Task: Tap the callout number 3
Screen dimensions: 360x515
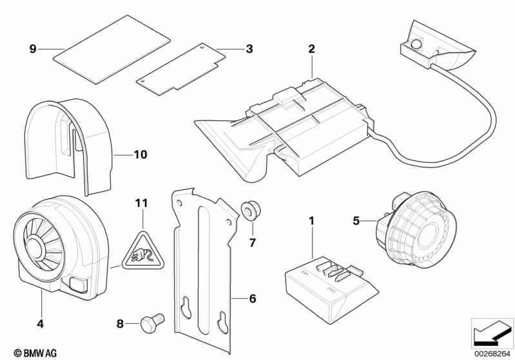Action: pyautogui.click(x=249, y=48)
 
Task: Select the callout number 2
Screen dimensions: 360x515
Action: pyautogui.click(x=311, y=49)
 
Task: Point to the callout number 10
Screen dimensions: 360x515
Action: pyautogui.click(x=141, y=155)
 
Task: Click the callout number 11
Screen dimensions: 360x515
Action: pyautogui.click(x=141, y=203)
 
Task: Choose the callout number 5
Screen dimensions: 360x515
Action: pyautogui.click(x=356, y=220)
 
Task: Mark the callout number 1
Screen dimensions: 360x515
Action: pyautogui.click(x=311, y=222)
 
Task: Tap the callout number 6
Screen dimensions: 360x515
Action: pyautogui.click(x=252, y=298)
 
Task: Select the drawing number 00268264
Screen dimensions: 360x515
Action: pyautogui.click(x=492, y=352)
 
